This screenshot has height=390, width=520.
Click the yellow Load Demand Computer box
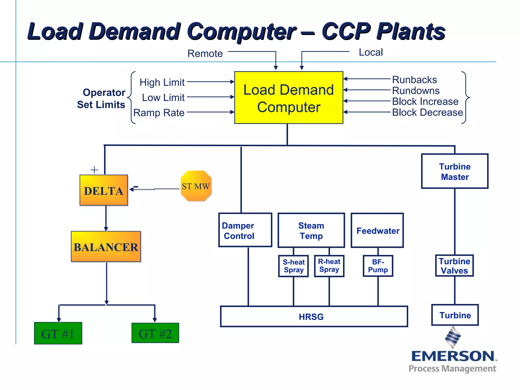pos(289,98)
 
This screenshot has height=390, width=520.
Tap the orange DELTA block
pos(104,190)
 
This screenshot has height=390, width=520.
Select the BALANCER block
pos(106,247)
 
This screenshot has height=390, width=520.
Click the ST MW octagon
pos(196,186)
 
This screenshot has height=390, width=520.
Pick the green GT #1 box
pos(58,333)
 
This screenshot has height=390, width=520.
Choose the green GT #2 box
pos(155,333)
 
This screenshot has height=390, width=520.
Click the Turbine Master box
pos(454,171)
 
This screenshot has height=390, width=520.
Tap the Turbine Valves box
pos(454,266)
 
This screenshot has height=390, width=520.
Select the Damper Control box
pos(245,230)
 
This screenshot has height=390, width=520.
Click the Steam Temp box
pos(311,230)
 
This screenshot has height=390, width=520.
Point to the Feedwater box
pos(377,231)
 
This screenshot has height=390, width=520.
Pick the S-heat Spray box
pos(294,266)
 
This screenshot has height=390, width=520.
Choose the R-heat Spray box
pos(329,266)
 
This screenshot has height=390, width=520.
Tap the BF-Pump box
pos(378,266)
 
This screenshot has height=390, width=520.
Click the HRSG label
pos(311,317)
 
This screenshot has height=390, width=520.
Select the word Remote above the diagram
pos(205,54)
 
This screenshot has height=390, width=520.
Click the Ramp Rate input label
pos(159,113)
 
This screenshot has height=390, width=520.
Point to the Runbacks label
pos(414,80)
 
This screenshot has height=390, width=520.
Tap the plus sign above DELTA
pos(94,170)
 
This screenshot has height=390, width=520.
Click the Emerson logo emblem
pos(453,337)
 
